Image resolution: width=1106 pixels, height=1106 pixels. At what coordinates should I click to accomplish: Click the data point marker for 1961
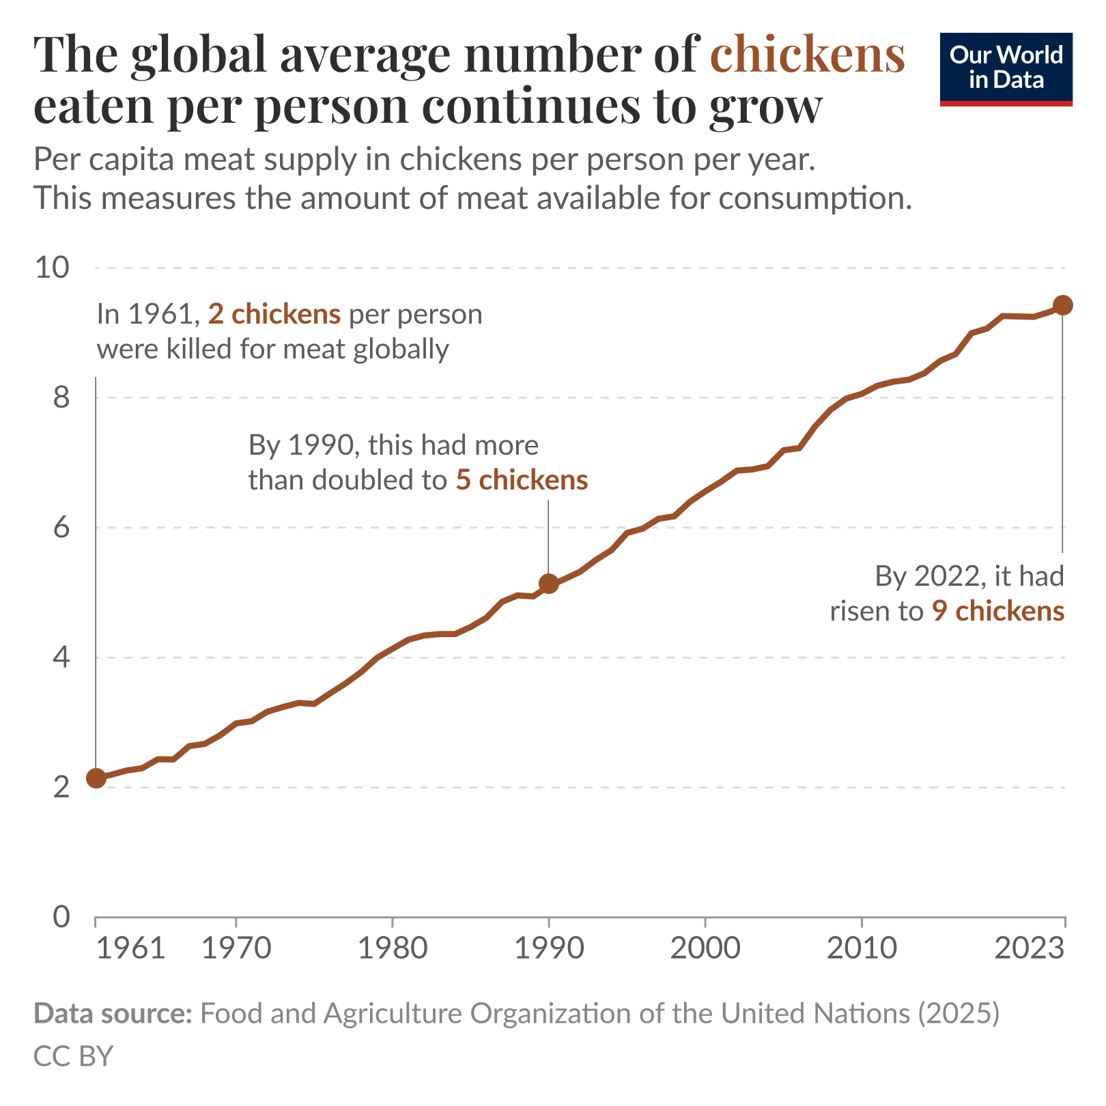click(96, 778)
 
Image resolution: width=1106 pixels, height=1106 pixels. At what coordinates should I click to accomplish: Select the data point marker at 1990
click(548, 583)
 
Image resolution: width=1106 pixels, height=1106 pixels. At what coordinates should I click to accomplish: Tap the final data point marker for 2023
click(1062, 305)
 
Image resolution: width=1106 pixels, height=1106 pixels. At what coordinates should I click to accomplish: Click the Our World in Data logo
click(1006, 69)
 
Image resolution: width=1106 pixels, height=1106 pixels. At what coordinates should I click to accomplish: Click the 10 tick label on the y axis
click(53, 268)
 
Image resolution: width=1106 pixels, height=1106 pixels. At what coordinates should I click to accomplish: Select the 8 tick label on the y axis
click(61, 397)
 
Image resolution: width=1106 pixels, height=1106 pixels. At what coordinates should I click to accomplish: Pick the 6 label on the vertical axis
click(61, 528)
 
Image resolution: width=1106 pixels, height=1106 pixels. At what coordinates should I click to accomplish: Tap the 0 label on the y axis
click(61, 917)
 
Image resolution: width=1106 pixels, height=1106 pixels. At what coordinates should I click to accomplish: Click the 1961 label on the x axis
click(130, 949)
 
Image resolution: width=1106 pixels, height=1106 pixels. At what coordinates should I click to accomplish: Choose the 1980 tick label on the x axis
click(393, 949)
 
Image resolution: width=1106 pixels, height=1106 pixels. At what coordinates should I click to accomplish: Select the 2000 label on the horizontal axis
click(705, 949)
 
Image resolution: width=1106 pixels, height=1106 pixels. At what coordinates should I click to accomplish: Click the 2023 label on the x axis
click(1030, 949)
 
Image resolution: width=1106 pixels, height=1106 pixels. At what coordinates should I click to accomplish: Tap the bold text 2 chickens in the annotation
click(274, 314)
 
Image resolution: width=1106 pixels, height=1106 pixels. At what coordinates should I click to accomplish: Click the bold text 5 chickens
click(522, 480)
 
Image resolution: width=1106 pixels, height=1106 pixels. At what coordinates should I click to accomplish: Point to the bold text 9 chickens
click(998, 611)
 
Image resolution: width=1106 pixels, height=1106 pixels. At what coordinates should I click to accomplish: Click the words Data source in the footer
click(113, 1014)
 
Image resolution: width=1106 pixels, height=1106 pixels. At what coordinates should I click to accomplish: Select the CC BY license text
click(73, 1056)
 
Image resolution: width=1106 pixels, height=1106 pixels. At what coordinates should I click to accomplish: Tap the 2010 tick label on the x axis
click(862, 949)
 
